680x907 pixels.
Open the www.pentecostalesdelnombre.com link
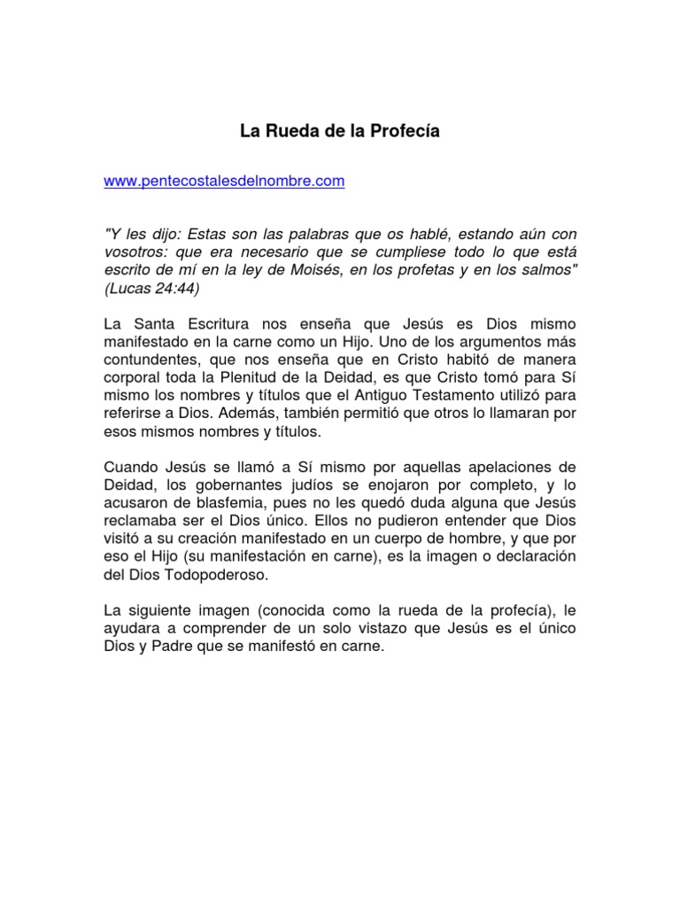click(224, 182)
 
